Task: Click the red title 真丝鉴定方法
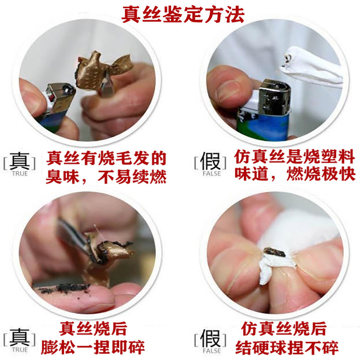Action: click(183, 15)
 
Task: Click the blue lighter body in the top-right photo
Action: click(263, 125)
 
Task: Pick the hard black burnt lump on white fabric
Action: click(274, 252)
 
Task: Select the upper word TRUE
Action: click(20, 174)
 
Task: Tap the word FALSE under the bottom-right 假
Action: click(211, 351)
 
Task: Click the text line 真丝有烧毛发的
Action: click(106, 158)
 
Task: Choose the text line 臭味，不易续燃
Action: click(106, 177)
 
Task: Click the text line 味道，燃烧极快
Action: click(295, 174)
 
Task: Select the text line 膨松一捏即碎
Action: click(93, 347)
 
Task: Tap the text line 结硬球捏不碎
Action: click(287, 347)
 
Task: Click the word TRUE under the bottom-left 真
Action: click(20, 350)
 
